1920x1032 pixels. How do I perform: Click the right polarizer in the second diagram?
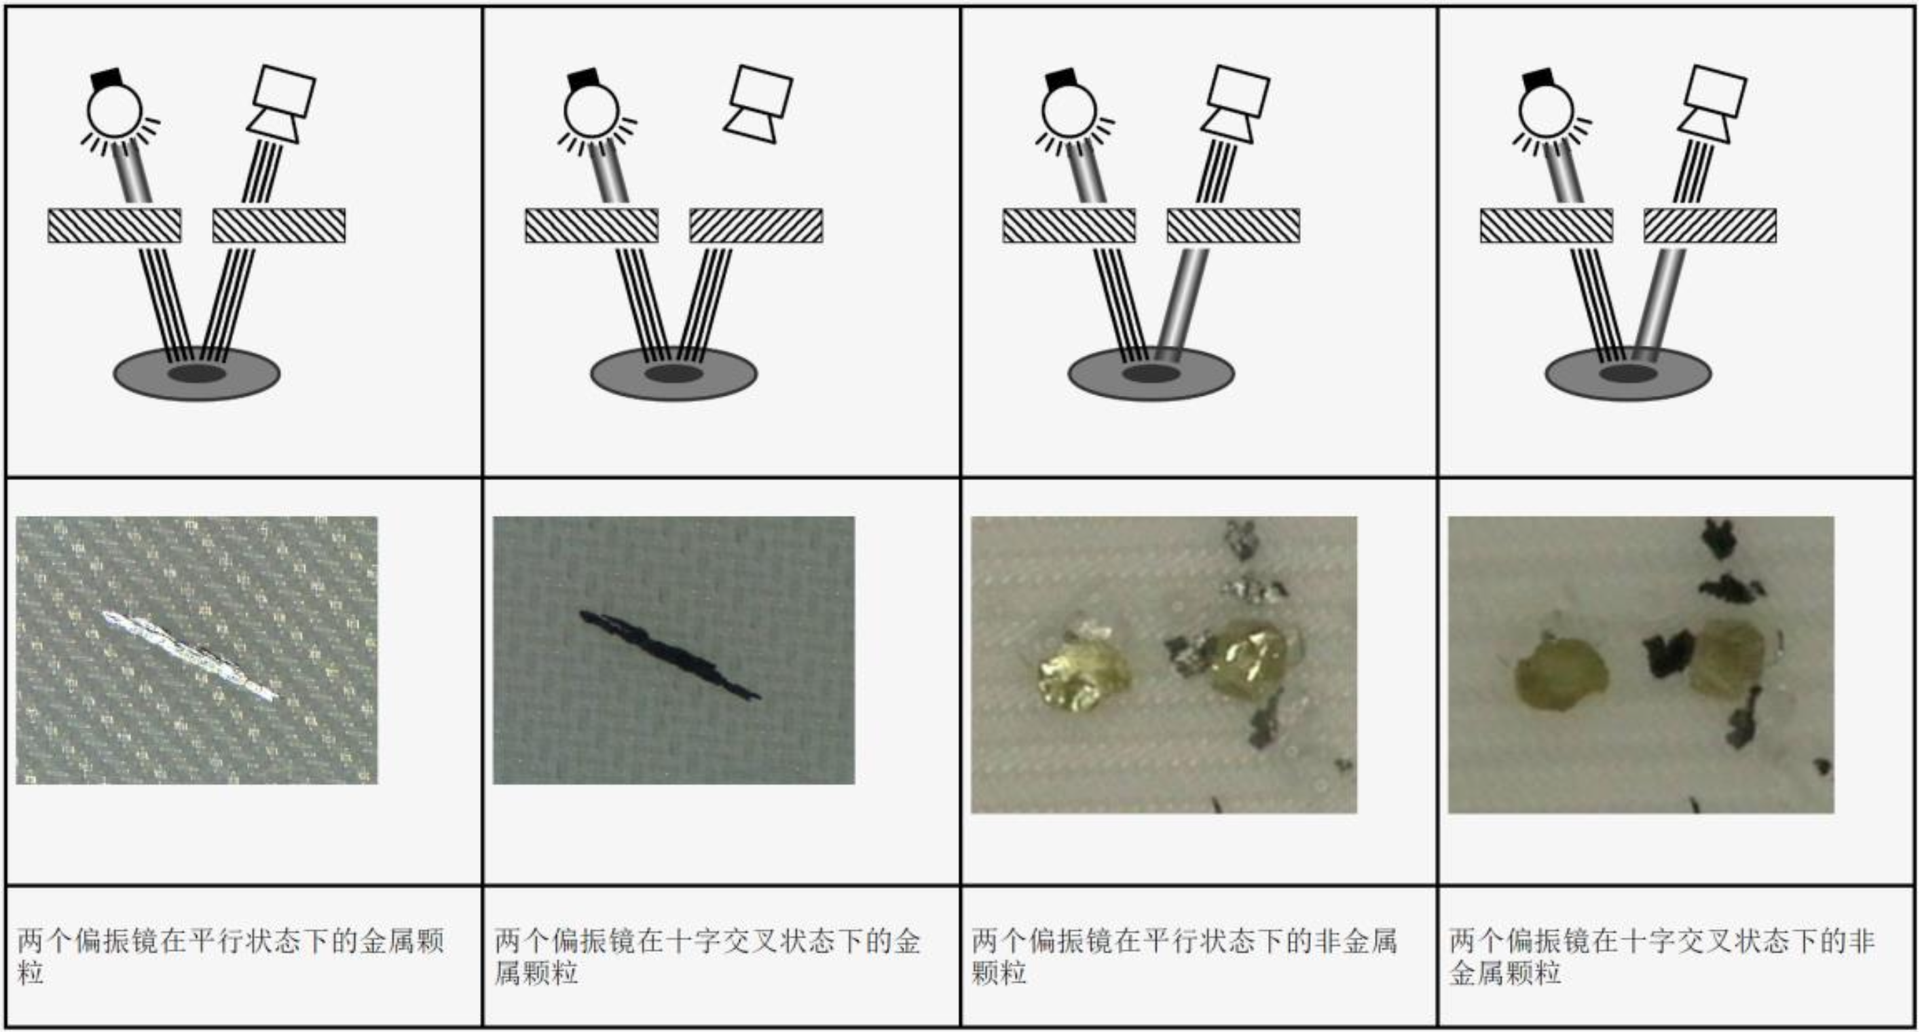756,226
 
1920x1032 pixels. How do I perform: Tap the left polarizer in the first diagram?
114,226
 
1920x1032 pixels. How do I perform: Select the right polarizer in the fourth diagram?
1710,226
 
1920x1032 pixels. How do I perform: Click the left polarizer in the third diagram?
1069,226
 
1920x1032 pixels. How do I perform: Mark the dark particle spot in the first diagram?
197,373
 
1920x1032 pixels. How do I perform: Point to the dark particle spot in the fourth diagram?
1628,373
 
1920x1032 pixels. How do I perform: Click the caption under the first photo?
231,957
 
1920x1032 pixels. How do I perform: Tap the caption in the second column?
708,957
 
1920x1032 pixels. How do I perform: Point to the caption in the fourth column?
1662,957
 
